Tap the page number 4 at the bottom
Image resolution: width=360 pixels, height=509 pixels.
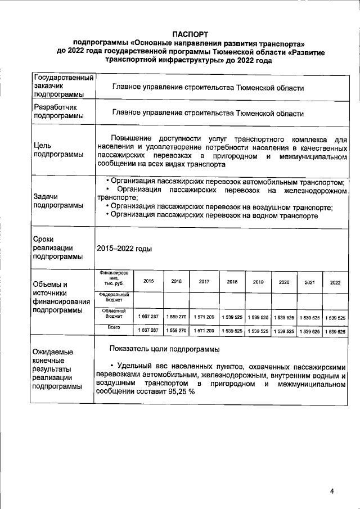coord(332,491)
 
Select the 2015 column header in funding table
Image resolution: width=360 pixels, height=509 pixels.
coord(148,281)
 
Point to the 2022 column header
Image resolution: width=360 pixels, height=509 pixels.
coord(335,282)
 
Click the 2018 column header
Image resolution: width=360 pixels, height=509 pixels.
coord(232,282)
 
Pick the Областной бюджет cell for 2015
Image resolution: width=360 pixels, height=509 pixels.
coord(148,317)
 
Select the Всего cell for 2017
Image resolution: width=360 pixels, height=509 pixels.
coord(204,331)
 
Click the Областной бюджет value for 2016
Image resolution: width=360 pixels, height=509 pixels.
coord(176,317)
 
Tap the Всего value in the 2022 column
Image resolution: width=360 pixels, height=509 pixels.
coord(335,331)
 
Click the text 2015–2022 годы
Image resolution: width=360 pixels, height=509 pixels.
coord(124,248)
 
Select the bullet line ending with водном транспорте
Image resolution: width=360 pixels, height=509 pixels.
coord(214,215)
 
